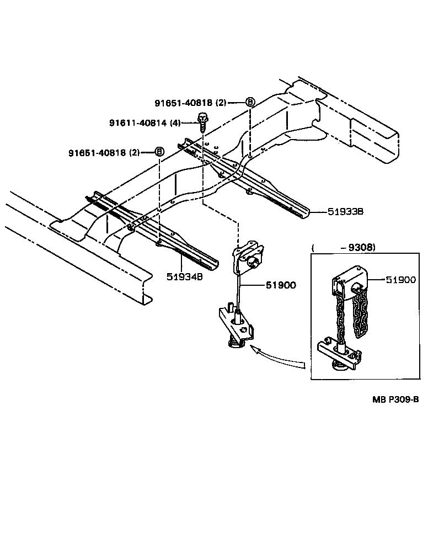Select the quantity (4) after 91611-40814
click(175, 122)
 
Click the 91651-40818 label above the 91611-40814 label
click(184, 103)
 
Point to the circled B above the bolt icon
click(249, 102)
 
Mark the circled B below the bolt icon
click(159, 152)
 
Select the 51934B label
click(184, 276)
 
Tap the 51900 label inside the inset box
click(400, 280)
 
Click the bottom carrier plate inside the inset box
click(339, 353)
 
